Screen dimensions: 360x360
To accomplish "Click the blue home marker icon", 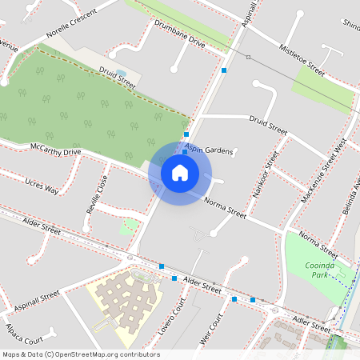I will [180, 172].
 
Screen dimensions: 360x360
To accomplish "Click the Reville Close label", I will [96, 194].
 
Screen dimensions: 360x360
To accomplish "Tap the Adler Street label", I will [310, 323].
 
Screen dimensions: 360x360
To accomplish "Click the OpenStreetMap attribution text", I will [80, 354].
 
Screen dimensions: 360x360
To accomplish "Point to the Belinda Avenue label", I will [353, 196].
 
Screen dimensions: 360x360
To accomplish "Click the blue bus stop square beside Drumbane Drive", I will [224, 70].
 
